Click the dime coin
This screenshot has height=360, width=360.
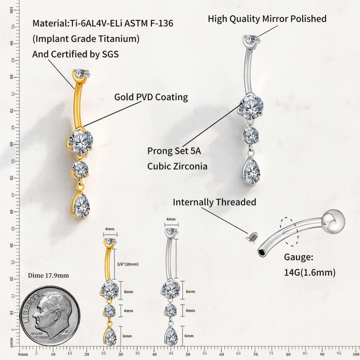(x=50, y=316)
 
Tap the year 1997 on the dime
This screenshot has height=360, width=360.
(x=63, y=336)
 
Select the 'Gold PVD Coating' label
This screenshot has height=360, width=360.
(x=151, y=97)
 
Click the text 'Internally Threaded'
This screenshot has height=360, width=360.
(x=214, y=202)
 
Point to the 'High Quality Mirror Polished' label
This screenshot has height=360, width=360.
(x=267, y=19)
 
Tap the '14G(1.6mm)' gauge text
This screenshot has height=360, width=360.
(x=310, y=272)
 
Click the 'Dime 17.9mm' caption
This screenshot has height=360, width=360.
(x=48, y=275)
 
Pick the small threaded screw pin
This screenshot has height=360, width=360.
(x=250, y=237)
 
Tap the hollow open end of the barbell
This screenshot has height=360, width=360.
(x=262, y=253)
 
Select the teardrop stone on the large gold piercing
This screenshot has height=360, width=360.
(x=81, y=204)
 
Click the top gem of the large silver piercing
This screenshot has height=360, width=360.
(x=252, y=40)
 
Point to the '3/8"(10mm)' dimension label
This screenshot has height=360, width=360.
(x=128, y=264)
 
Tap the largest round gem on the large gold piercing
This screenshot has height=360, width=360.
(x=81, y=141)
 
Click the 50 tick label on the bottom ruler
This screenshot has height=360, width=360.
(x=188, y=354)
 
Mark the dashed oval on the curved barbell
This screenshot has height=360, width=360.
(x=290, y=232)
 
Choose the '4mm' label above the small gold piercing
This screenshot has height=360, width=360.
(x=110, y=229)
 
